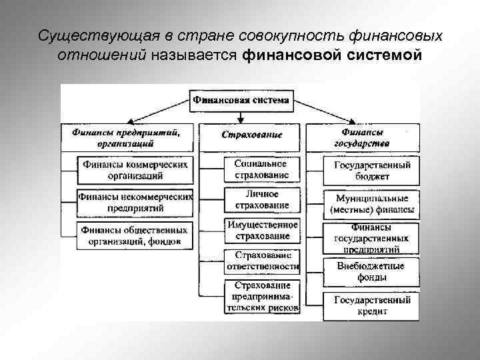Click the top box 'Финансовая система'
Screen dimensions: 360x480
click(241, 101)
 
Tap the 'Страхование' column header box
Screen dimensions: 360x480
click(251, 135)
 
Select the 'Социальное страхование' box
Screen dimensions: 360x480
click(261, 169)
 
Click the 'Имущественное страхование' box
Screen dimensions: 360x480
click(262, 230)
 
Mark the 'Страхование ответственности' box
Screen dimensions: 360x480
click(261, 261)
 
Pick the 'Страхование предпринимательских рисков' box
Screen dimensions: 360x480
click(262, 297)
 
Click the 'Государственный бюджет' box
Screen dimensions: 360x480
click(371, 171)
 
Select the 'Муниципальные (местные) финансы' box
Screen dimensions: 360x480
click(371, 204)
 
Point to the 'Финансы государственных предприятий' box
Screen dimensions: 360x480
click(371, 238)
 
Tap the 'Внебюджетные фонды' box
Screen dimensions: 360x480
click(371, 271)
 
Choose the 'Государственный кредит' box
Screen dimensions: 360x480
click(371, 305)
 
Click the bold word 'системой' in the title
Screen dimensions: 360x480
click(384, 54)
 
